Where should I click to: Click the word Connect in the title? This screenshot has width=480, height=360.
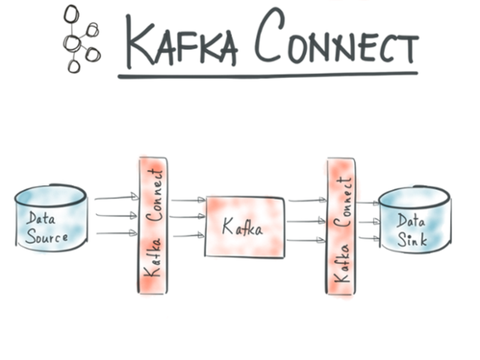click(x=336, y=40)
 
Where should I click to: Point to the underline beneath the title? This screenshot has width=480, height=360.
click(x=267, y=75)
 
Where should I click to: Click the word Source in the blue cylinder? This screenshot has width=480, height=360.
click(x=46, y=237)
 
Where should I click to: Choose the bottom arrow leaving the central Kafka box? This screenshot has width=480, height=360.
click(x=306, y=241)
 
